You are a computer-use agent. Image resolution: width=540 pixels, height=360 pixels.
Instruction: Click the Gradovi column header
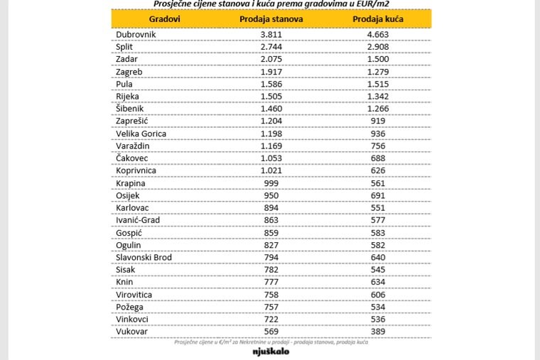[164, 19]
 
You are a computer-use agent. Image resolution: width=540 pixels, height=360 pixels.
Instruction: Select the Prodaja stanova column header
[271, 19]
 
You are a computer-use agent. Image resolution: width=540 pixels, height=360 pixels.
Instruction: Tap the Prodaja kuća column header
[378, 19]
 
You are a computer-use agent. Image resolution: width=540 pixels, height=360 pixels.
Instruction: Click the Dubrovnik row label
[136, 34]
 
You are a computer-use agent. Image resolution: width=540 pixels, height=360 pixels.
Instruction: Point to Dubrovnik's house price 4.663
[378, 34]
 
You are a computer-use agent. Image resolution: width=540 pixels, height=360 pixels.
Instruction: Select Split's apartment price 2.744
[271, 47]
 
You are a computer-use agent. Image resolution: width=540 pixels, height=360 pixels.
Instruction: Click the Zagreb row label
[129, 72]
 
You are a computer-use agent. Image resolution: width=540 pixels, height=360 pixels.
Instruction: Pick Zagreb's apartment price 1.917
[271, 72]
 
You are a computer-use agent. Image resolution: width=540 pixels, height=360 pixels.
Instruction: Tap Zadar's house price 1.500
[378, 59]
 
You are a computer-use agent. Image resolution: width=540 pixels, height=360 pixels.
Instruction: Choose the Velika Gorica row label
[141, 133]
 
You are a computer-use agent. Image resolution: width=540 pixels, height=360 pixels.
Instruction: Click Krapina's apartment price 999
[271, 183]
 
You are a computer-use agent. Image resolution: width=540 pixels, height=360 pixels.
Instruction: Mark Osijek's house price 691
[378, 195]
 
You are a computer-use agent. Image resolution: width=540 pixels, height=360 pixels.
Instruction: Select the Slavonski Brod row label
[144, 258]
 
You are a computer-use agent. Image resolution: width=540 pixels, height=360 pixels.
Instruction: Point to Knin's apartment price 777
[271, 282]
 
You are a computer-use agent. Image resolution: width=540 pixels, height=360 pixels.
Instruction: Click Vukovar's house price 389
[378, 332]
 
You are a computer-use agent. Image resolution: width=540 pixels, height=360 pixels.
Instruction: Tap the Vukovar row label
[131, 332]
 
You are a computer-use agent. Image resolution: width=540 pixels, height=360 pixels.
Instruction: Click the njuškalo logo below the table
[271, 351]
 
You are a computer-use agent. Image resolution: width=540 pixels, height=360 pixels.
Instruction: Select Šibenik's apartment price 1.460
[271, 109]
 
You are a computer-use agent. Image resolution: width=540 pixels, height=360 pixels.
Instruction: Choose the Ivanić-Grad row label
[138, 220]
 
